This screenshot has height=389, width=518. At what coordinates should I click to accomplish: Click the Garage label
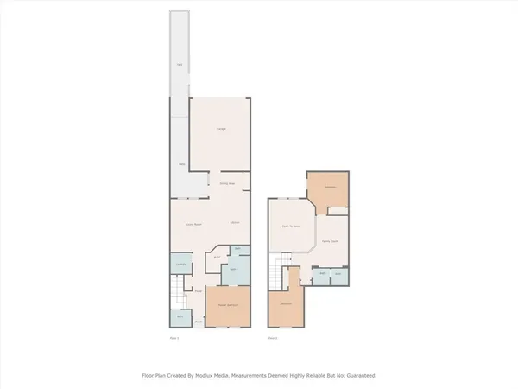[x=221, y=130]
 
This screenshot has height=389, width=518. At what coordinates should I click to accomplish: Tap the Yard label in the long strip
[x=180, y=66]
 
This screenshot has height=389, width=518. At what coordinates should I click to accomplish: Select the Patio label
[x=181, y=164]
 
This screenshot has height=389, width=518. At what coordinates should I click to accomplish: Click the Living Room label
[x=194, y=224]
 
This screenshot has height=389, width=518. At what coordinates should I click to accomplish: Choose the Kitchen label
[x=234, y=223]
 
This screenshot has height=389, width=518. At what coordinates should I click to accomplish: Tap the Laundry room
[x=180, y=264]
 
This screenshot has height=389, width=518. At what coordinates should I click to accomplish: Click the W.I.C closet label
[x=218, y=258]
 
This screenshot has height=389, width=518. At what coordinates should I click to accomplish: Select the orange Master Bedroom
[x=228, y=306]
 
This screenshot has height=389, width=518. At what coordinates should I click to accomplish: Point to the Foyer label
[x=198, y=291]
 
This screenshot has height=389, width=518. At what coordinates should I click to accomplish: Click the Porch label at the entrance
[x=198, y=322]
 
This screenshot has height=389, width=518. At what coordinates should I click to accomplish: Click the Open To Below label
[x=291, y=226]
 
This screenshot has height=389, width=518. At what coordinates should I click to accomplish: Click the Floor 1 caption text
[x=174, y=338]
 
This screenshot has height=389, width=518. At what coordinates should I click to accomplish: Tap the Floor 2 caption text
[x=273, y=338]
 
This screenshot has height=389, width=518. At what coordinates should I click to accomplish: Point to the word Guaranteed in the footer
[x=360, y=376]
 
